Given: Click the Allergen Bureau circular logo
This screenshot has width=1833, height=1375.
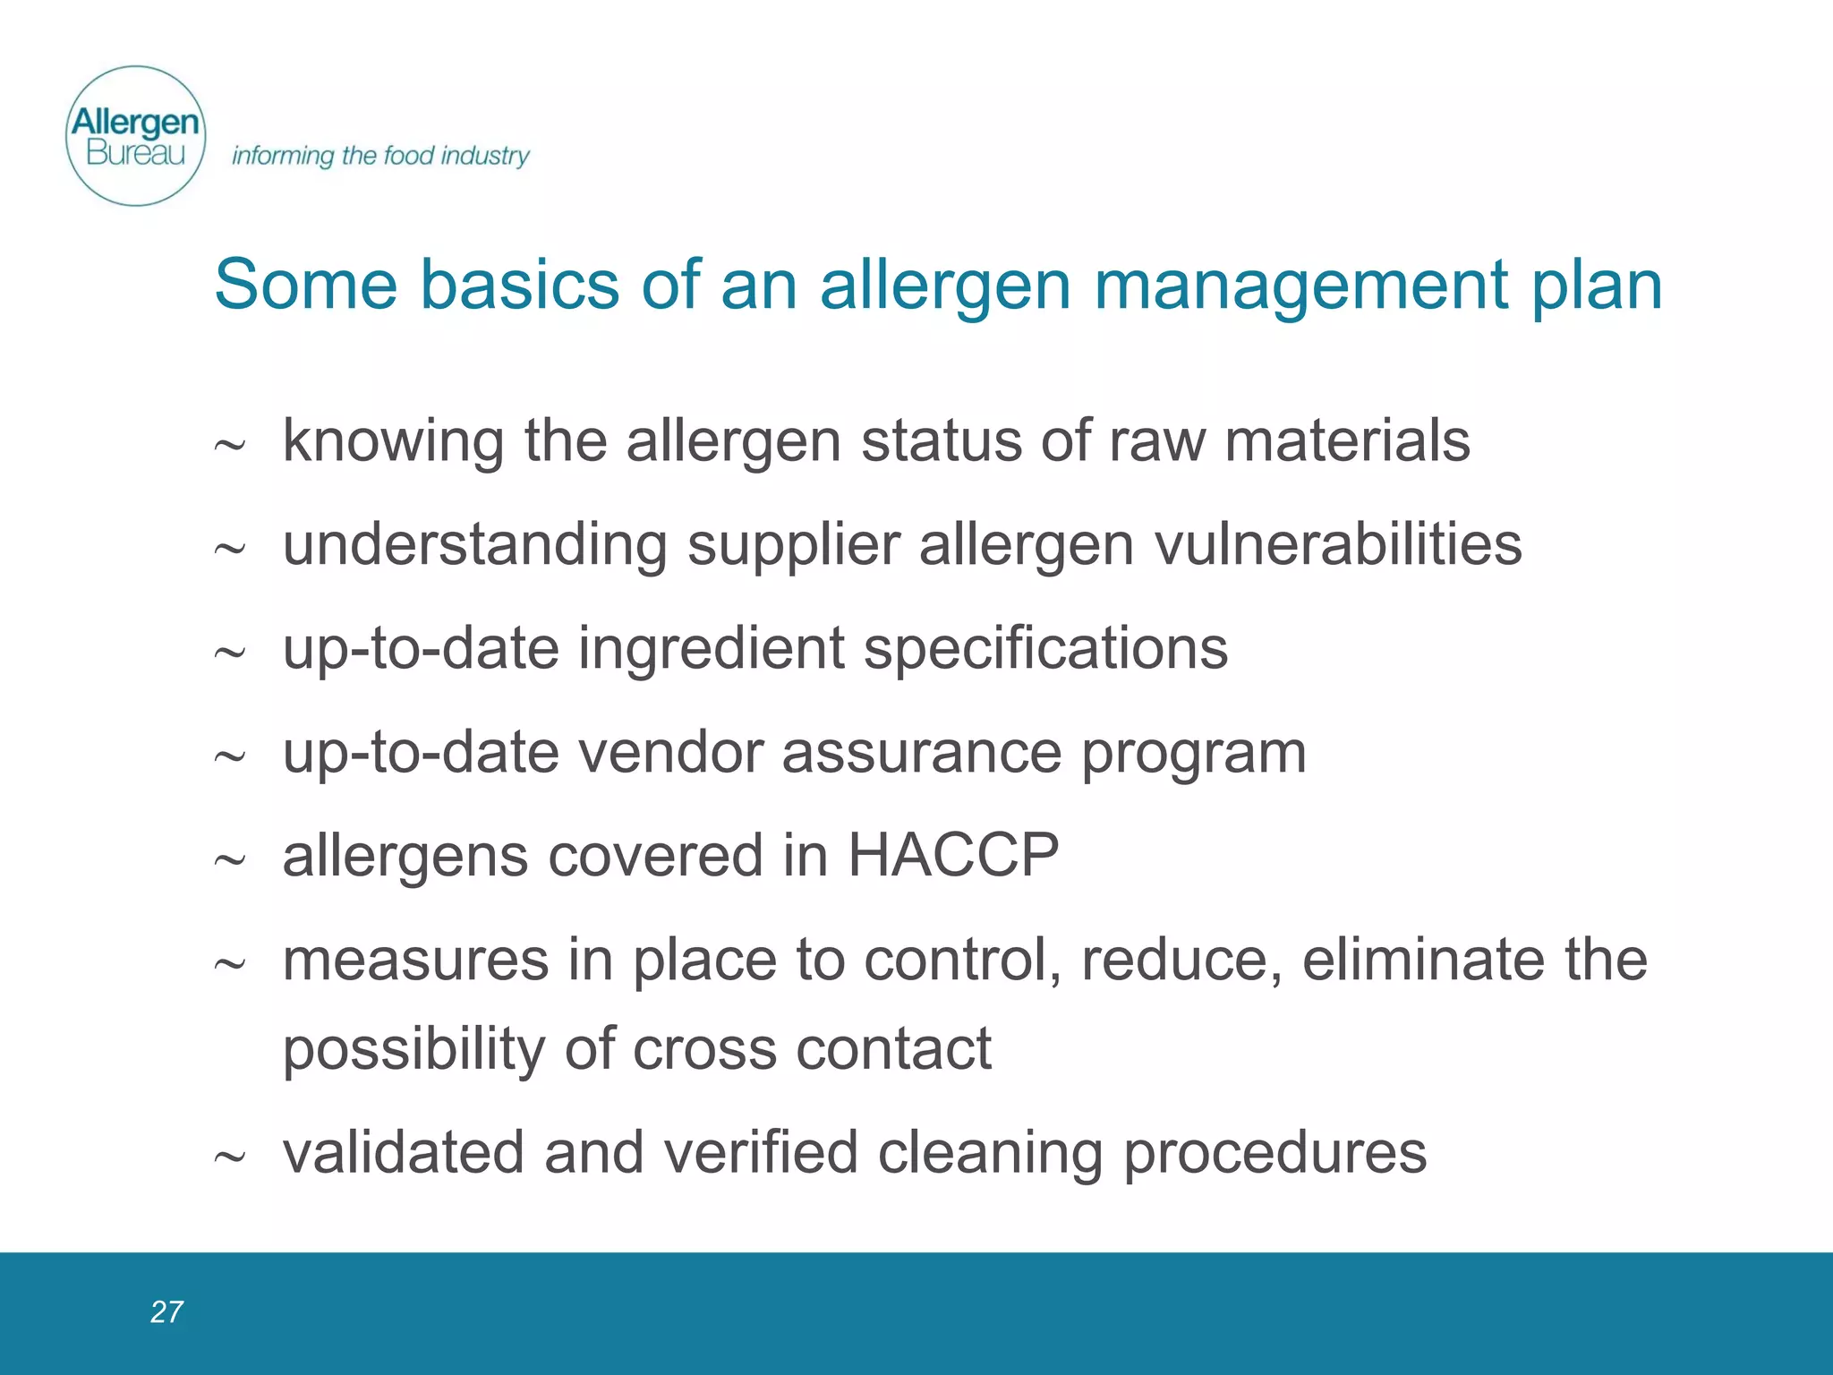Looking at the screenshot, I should (136, 136).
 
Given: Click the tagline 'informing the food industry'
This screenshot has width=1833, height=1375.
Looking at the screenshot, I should (380, 156).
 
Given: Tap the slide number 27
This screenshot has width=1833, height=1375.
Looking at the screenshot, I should (166, 1311).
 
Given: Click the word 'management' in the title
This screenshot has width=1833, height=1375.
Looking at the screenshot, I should (1301, 285).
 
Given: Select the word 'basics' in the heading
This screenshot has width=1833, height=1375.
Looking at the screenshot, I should (519, 285).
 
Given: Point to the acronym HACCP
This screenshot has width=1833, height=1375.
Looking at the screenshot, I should (952, 855).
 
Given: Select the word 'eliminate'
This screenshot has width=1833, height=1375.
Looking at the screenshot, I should (1422, 960).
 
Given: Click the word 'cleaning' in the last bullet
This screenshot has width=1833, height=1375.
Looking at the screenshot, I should (990, 1154).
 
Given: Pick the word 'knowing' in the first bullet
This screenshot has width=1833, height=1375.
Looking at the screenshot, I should (393, 442).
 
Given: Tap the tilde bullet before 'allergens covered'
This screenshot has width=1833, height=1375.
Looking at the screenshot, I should (229, 860).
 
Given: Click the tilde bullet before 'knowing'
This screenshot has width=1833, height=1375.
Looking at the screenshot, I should (229, 445).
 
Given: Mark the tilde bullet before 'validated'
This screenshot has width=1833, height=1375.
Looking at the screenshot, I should (229, 1157).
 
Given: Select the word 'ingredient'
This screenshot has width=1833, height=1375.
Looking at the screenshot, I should (711, 649).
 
